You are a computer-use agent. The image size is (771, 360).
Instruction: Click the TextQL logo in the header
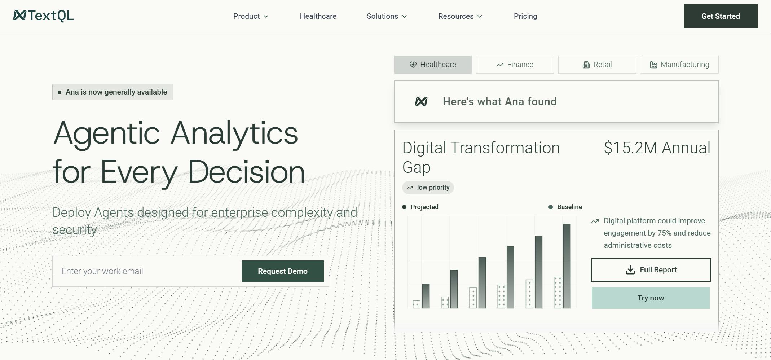pyautogui.click(x=43, y=16)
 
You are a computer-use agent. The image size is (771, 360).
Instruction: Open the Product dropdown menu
pyautogui.click(x=251, y=16)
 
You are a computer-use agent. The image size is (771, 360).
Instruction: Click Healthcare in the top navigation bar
pyautogui.click(x=318, y=16)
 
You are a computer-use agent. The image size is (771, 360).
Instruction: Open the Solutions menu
pyautogui.click(x=387, y=16)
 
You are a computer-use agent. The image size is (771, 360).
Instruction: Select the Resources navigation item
pyautogui.click(x=460, y=16)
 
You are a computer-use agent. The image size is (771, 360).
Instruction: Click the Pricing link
pyautogui.click(x=525, y=16)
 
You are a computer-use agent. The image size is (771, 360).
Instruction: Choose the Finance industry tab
pyautogui.click(x=515, y=65)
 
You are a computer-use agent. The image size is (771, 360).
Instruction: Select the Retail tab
pyautogui.click(x=597, y=65)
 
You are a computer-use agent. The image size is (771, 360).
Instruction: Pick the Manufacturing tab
pyautogui.click(x=679, y=65)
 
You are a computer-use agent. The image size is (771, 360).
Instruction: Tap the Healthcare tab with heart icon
pyautogui.click(x=433, y=65)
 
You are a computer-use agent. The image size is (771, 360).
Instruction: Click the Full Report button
pyautogui.click(x=651, y=270)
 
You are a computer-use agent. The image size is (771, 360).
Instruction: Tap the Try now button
pyautogui.click(x=651, y=298)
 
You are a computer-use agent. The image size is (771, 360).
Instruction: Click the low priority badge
pyautogui.click(x=428, y=188)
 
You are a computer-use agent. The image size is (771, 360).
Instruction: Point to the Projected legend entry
pyautogui.click(x=420, y=207)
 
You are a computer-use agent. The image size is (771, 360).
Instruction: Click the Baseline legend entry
pyautogui.click(x=565, y=207)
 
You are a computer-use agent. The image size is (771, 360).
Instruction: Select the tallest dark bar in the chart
pyautogui.click(x=567, y=266)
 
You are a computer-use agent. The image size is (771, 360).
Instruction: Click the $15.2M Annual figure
pyautogui.click(x=657, y=148)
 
